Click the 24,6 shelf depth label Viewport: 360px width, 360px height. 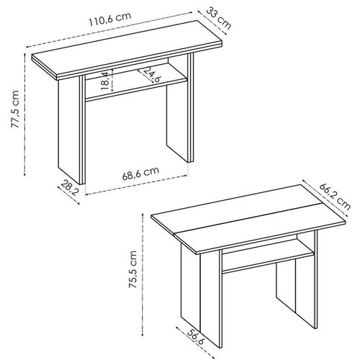click(151, 75)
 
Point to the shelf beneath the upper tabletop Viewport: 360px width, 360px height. click(137, 91)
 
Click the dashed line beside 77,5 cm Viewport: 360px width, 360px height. click(27, 115)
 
